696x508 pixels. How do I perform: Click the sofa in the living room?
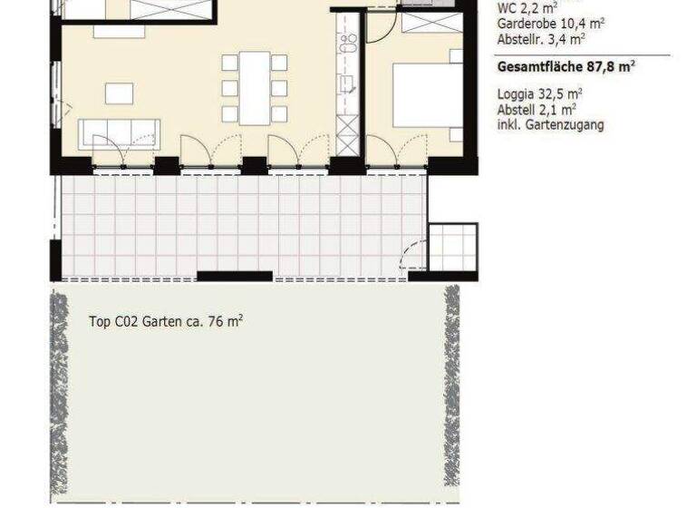[119, 133]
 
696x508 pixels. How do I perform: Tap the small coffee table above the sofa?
[119, 93]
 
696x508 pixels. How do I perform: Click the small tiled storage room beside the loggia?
[452, 248]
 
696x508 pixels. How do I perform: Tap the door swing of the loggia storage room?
[414, 254]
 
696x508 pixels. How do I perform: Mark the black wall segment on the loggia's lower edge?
[234, 276]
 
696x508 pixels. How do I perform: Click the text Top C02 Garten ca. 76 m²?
[166, 321]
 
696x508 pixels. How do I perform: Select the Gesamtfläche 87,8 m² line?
[565, 66]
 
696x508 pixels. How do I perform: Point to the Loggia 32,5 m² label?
[539, 93]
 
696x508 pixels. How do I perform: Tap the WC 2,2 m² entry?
[527, 9]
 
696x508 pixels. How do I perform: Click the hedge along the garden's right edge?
[450, 390]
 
